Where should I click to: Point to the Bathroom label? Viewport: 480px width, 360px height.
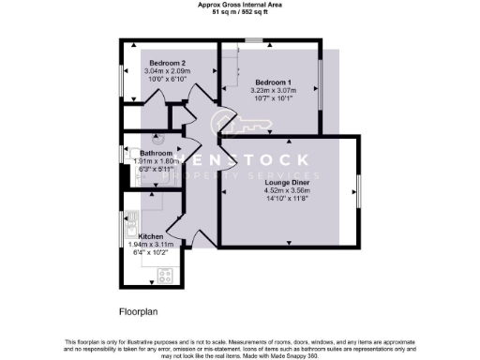(x=156, y=153)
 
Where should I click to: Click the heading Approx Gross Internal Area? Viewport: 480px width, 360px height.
(x=240, y=5)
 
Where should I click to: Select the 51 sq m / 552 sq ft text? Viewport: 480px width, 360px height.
(x=240, y=12)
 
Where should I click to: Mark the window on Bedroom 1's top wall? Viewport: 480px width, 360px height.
(x=253, y=40)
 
